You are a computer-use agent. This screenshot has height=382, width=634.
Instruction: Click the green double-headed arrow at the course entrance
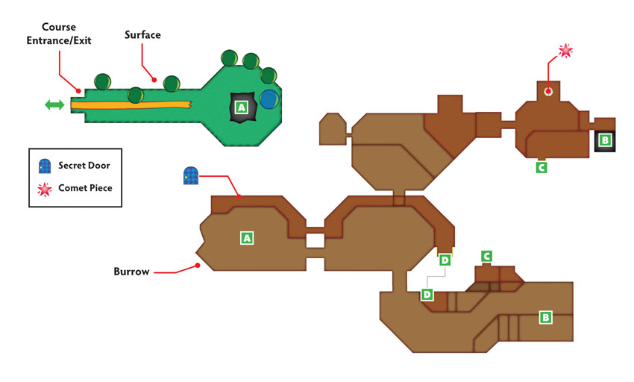coord(54,104)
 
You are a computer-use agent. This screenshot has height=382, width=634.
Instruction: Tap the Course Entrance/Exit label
coord(59,34)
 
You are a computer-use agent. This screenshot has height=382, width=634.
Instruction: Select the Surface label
coord(142,35)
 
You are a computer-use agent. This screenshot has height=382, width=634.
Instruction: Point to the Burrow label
coord(131,271)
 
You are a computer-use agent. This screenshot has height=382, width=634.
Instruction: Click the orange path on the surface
coord(131,104)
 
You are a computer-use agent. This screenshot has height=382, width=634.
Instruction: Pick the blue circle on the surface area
coord(269,99)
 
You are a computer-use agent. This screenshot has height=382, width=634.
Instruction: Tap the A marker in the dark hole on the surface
coord(242,107)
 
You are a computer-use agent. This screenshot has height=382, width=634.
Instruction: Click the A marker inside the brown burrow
coord(247,238)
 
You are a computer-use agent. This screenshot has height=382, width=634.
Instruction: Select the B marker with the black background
coord(605,140)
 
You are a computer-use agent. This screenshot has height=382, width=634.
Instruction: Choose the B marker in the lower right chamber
coord(545,317)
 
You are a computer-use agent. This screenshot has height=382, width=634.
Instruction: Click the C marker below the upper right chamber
coord(542,166)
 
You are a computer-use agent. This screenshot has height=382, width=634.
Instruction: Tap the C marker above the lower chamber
coord(486,256)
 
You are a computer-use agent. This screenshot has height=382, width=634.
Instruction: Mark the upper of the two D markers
coord(445,260)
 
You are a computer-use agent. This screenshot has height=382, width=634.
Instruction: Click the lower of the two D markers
coord(427,294)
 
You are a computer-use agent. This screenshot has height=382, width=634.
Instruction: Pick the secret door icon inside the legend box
coord(45,166)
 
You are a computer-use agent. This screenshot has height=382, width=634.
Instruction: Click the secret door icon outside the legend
coord(191,175)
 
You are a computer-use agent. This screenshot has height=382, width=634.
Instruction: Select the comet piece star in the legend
coord(45,189)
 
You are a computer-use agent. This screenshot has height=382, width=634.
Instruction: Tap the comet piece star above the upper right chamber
coord(565,51)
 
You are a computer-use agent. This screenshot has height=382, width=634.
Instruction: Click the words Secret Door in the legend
coord(84,165)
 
